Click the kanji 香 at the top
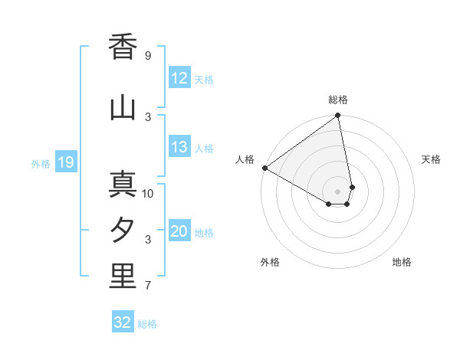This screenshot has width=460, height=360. tap(123, 47)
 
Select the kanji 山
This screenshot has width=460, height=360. tap(123, 107)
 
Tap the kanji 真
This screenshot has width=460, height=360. tap(123, 185)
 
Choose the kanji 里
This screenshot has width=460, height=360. tap(123, 277)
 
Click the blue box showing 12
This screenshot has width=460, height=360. tap(179, 78)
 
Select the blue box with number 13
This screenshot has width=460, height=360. tap(179, 147)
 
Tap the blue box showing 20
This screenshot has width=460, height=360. tap(179, 231)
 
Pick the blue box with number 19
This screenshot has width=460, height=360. tap(65, 162)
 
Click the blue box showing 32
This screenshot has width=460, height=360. tap(123, 322)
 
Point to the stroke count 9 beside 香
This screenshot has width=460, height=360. tap(148, 56)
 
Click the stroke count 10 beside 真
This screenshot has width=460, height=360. tap(148, 193)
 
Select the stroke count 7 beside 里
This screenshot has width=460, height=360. tap(148, 286)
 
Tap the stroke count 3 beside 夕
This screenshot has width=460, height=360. tap(148, 240)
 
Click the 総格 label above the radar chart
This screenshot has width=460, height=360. tap(338, 100)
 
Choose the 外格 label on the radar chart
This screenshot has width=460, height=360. tap(270, 262)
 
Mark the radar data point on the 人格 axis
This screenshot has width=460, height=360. tap(264, 168)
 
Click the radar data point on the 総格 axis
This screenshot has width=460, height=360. tap(338, 116)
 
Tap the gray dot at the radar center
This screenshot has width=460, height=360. tap(338, 190)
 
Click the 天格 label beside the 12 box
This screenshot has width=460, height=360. tap(204, 80)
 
